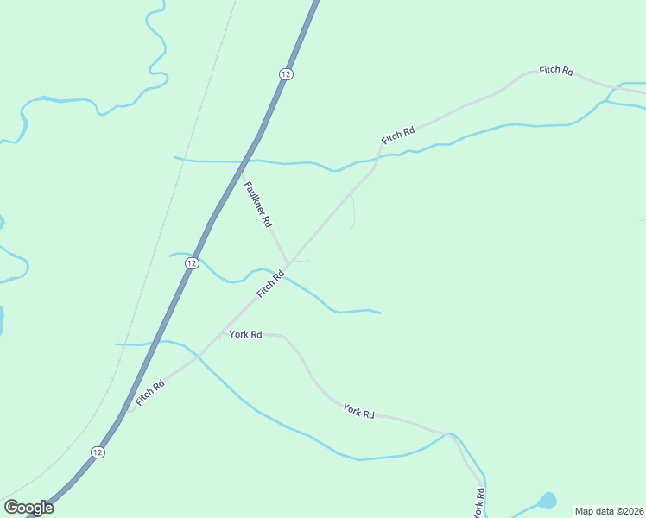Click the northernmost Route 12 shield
(x=286, y=74)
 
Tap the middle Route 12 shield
(x=192, y=262)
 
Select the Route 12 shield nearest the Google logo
(x=98, y=452)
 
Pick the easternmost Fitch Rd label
(x=556, y=70)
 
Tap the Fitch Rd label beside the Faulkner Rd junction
(x=270, y=285)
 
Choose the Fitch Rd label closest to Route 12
(x=149, y=391)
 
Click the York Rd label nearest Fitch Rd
(x=245, y=334)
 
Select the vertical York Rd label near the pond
(x=479, y=502)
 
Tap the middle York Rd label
(x=358, y=411)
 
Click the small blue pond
(x=546, y=500)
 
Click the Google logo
(x=28, y=508)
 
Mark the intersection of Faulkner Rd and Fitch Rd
(x=288, y=262)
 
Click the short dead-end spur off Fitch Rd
(x=351, y=214)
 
